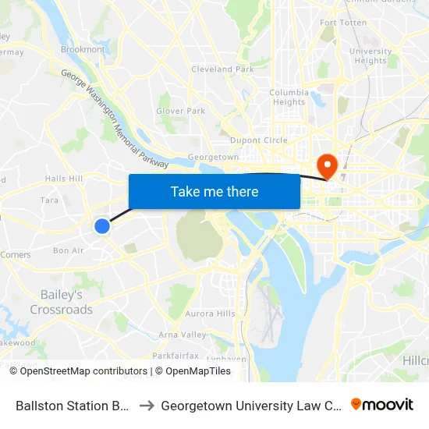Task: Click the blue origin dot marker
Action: click(x=102, y=226)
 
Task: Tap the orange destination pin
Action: click(x=325, y=165)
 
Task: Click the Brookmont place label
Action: click(x=83, y=50)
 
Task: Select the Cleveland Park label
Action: click(x=223, y=69)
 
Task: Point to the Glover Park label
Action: click(x=180, y=112)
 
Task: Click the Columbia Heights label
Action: click(x=289, y=97)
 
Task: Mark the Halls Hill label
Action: click(x=64, y=179)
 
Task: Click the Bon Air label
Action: click(x=68, y=250)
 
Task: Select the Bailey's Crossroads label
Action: click(x=61, y=303)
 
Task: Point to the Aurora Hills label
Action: click(x=210, y=314)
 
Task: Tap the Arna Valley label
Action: click(x=183, y=335)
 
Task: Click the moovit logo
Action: click(x=382, y=405)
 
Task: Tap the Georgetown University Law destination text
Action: click(x=248, y=406)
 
